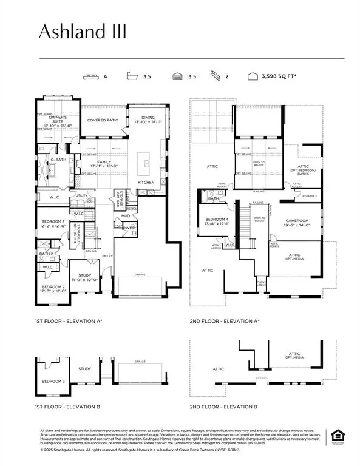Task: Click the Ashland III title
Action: click(x=84, y=32)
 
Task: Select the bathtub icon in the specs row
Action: click(x=131, y=77)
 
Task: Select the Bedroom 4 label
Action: click(x=217, y=221)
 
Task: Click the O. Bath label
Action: click(x=58, y=159)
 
